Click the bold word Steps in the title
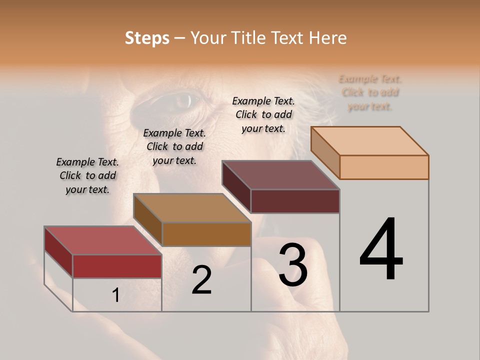[x=147, y=38]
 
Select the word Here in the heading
[x=328, y=38]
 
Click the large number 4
[x=381, y=250]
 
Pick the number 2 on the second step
[x=202, y=280]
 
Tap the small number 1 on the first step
[x=116, y=295]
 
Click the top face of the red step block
[x=103, y=240]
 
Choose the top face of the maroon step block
[x=281, y=175]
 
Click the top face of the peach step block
[x=370, y=141]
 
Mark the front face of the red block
[x=117, y=266]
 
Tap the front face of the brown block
[x=206, y=234]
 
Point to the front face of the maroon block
[x=295, y=201]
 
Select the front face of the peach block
[x=384, y=167]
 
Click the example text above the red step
[x=87, y=175]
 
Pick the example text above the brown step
[x=174, y=146]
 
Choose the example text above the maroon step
[x=263, y=114]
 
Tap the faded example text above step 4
[x=370, y=92]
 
